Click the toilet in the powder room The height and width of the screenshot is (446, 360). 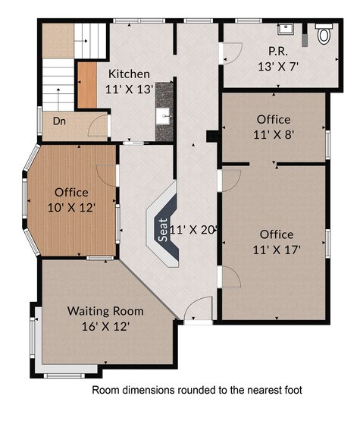pyautogui.click(x=324, y=34)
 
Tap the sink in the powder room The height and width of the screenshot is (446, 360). pyautogui.click(x=286, y=30)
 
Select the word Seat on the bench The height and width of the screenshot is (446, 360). pyautogui.click(x=162, y=230)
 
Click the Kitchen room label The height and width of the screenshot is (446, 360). pyautogui.click(x=129, y=74)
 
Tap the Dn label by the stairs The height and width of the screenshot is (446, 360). pyautogui.click(x=59, y=121)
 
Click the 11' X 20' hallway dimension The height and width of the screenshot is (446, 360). pyautogui.click(x=194, y=228)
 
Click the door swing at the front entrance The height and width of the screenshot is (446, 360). pyautogui.click(x=199, y=309)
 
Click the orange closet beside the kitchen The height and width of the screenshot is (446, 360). pyautogui.click(x=87, y=85)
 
